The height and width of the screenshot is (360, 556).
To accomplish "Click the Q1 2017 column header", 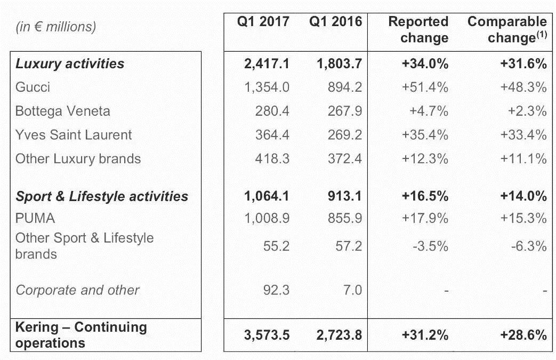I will (263, 22).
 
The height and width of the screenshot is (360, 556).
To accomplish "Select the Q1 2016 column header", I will (335, 22).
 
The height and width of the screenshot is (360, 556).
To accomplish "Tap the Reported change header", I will (418, 30).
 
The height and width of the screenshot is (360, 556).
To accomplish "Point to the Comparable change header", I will (507, 30).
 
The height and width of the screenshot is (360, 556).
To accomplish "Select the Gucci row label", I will (33, 87).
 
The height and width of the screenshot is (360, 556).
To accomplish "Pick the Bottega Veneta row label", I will (63, 111).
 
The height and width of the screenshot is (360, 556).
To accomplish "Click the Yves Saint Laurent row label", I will (74, 134).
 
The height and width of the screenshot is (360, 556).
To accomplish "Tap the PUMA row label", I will (35, 218).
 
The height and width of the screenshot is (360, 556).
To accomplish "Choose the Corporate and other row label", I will (77, 290).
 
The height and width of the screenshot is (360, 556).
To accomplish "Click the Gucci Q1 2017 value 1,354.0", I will (266, 87).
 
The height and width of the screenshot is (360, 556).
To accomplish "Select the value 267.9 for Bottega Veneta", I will (345, 111).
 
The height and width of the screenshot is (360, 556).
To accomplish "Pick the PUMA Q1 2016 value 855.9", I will (345, 218).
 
